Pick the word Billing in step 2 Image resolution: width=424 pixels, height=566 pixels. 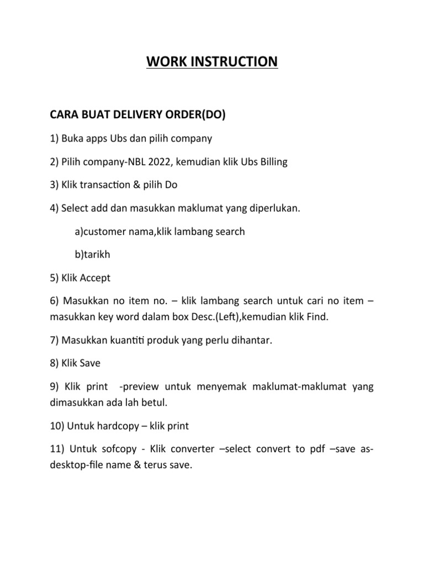click(x=270, y=161)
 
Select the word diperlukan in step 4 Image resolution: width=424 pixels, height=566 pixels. click(x=269, y=209)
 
